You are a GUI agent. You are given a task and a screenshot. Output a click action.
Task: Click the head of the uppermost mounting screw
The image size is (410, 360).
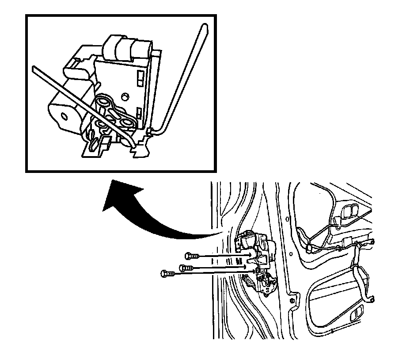188,255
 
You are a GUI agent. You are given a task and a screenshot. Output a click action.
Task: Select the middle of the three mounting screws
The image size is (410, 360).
182,267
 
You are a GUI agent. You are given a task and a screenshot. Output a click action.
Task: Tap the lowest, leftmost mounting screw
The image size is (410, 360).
164,274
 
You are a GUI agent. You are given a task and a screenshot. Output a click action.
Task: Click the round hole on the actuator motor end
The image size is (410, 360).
65,116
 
